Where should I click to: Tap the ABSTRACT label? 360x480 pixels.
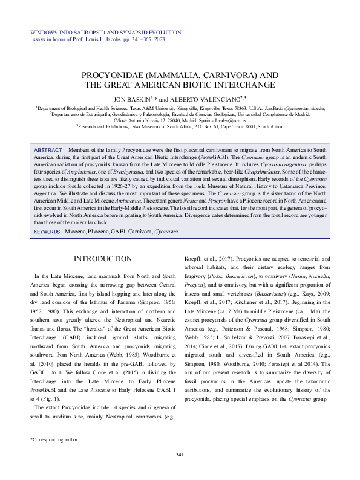pyautogui.click(x=48, y=150)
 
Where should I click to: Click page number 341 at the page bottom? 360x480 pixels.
pyautogui.click(x=179, y=471)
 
